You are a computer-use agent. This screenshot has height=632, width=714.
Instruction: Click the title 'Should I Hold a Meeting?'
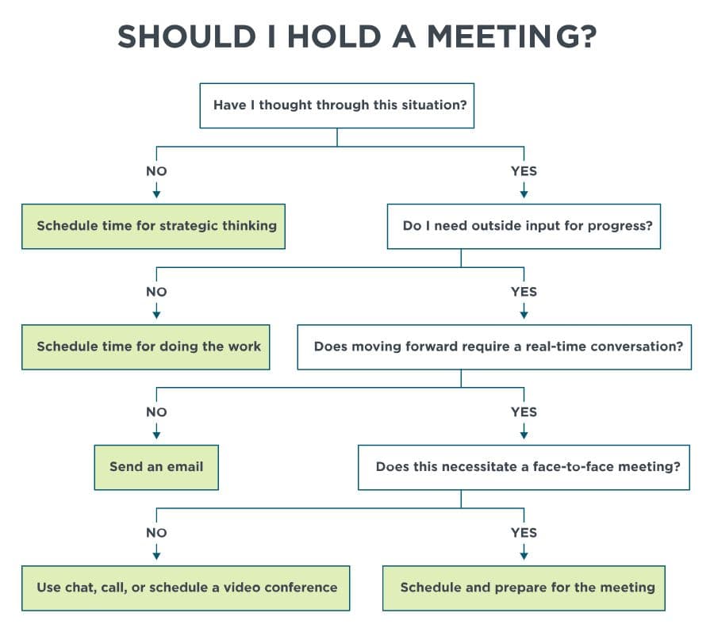click(x=356, y=36)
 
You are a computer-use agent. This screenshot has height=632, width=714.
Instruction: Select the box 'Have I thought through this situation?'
click(x=336, y=105)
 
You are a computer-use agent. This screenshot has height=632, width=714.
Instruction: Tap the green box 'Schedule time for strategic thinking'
click(x=153, y=226)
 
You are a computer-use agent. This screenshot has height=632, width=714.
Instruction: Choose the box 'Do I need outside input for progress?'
click(x=524, y=226)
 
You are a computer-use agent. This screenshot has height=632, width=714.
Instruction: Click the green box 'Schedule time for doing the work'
click(x=146, y=347)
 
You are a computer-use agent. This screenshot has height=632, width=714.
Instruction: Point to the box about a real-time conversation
click(x=493, y=347)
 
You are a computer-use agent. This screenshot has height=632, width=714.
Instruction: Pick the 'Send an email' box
click(x=156, y=467)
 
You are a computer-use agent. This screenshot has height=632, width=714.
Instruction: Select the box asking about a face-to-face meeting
click(x=524, y=467)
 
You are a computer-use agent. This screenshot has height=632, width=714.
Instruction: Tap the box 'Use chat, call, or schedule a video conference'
click(x=186, y=588)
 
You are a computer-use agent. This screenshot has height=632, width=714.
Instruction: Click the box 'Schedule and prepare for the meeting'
click(x=524, y=588)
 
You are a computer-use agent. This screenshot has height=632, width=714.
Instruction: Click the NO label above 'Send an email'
click(x=156, y=412)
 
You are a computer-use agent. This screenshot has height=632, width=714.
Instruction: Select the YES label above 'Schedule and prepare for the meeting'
click(x=524, y=533)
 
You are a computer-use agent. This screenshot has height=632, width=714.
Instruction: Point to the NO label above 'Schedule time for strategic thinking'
click(x=156, y=171)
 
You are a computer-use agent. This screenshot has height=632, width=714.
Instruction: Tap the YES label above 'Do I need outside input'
click(x=524, y=171)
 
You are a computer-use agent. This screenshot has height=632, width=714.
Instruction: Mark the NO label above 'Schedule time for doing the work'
click(x=156, y=292)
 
